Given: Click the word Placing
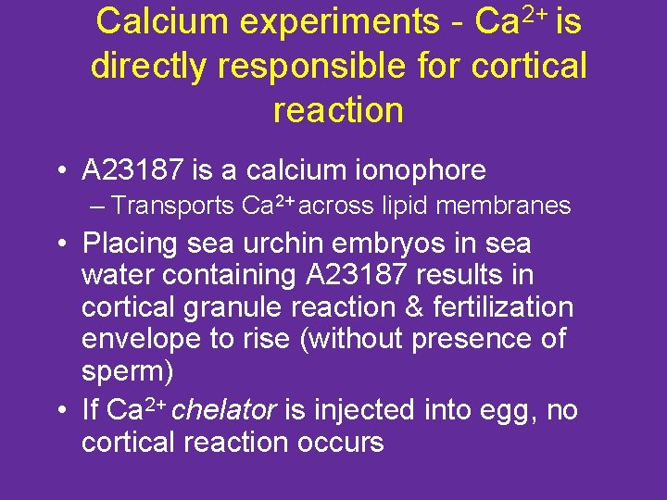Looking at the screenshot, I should click(129, 244).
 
